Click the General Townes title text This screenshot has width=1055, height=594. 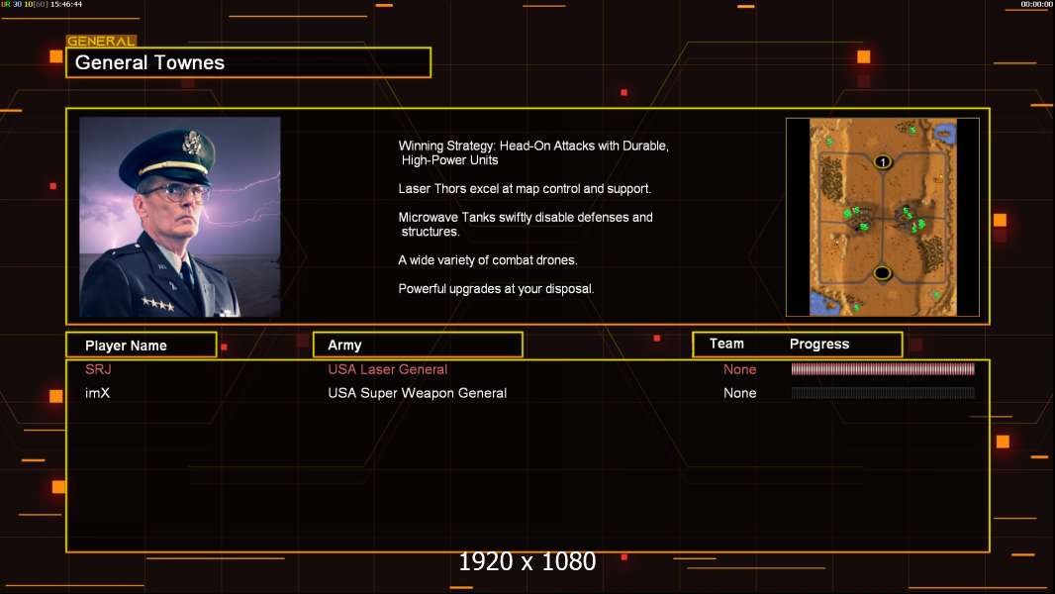click(149, 62)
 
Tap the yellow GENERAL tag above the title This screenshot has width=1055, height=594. click(102, 41)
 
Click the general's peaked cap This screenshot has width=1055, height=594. click(168, 153)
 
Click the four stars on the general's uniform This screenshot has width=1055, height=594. click(157, 304)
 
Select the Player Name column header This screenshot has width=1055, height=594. click(126, 346)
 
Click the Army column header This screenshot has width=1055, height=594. click(344, 346)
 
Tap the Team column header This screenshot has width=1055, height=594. click(726, 344)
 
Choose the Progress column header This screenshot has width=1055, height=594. click(818, 345)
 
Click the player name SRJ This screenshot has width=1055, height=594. click(98, 369)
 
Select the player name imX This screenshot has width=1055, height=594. click(97, 393)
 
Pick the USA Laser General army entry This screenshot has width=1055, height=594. click(388, 369)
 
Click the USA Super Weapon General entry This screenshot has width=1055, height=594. click(418, 393)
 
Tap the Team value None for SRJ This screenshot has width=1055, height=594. click(739, 369)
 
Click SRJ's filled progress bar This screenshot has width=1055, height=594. click(883, 368)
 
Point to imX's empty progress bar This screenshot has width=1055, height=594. click(883, 393)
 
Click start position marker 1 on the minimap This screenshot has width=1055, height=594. click(883, 162)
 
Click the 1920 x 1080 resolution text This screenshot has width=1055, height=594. click(527, 561)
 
